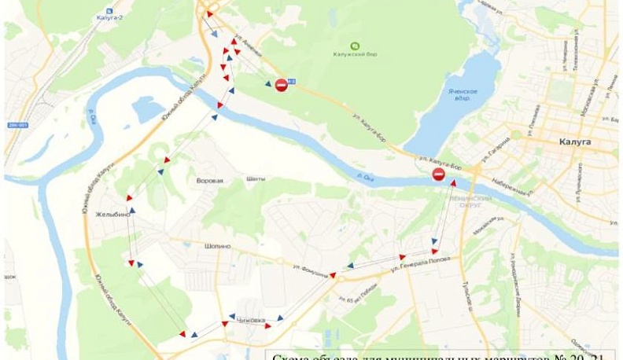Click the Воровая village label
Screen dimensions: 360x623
pyautogui.click(x=210, y=180)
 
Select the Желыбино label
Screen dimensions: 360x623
pyautogui.click(x=112, y=214)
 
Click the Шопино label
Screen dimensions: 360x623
pyautogui.click(x=218, y=246)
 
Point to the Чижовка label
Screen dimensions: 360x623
pyautogui.click(x=252, y=320)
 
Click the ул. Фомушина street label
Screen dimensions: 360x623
pyautogui.click(x=308, y=267)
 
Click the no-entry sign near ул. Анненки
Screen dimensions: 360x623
pyautogui.click(x=281, y=86)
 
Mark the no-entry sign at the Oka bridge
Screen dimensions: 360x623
pyautogui.click(x=439, y=174)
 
